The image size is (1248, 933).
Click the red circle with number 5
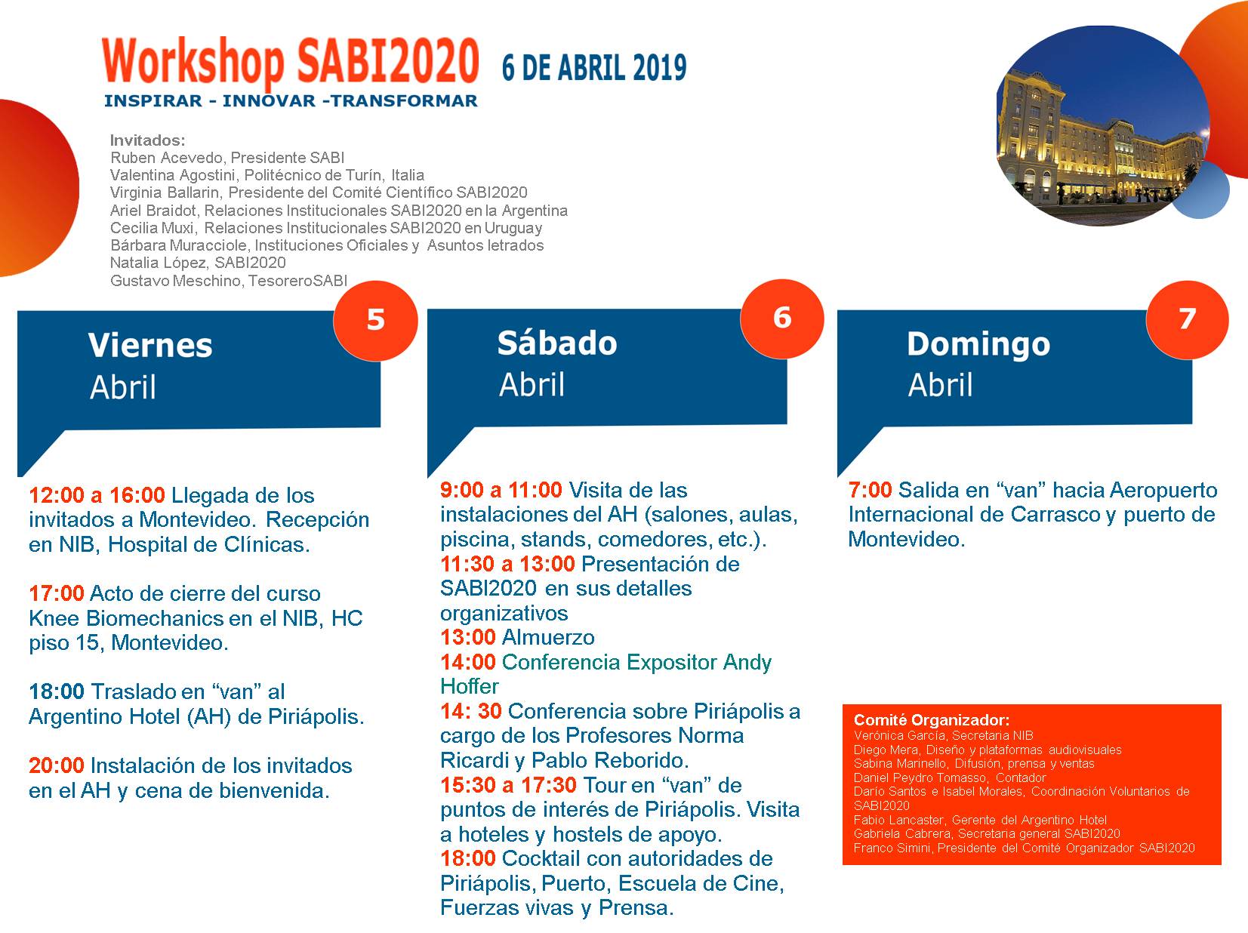375,320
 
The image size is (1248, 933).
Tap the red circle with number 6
781,319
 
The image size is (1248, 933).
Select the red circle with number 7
1187,319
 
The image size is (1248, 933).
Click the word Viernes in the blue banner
150,345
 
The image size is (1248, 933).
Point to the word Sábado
557,343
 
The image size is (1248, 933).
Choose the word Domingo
978,345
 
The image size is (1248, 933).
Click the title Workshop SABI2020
290,63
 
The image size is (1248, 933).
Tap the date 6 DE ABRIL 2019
594,68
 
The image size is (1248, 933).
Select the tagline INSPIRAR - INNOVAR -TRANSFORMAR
291,100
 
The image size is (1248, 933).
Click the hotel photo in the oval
1103,126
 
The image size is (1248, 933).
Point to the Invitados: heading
147,140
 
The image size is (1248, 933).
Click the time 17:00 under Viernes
57,593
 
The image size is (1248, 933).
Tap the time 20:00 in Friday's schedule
57,765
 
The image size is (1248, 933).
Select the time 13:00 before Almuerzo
468,637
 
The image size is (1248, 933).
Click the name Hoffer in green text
470,686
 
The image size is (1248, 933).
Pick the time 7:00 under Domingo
870,490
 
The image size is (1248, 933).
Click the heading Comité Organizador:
932,720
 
